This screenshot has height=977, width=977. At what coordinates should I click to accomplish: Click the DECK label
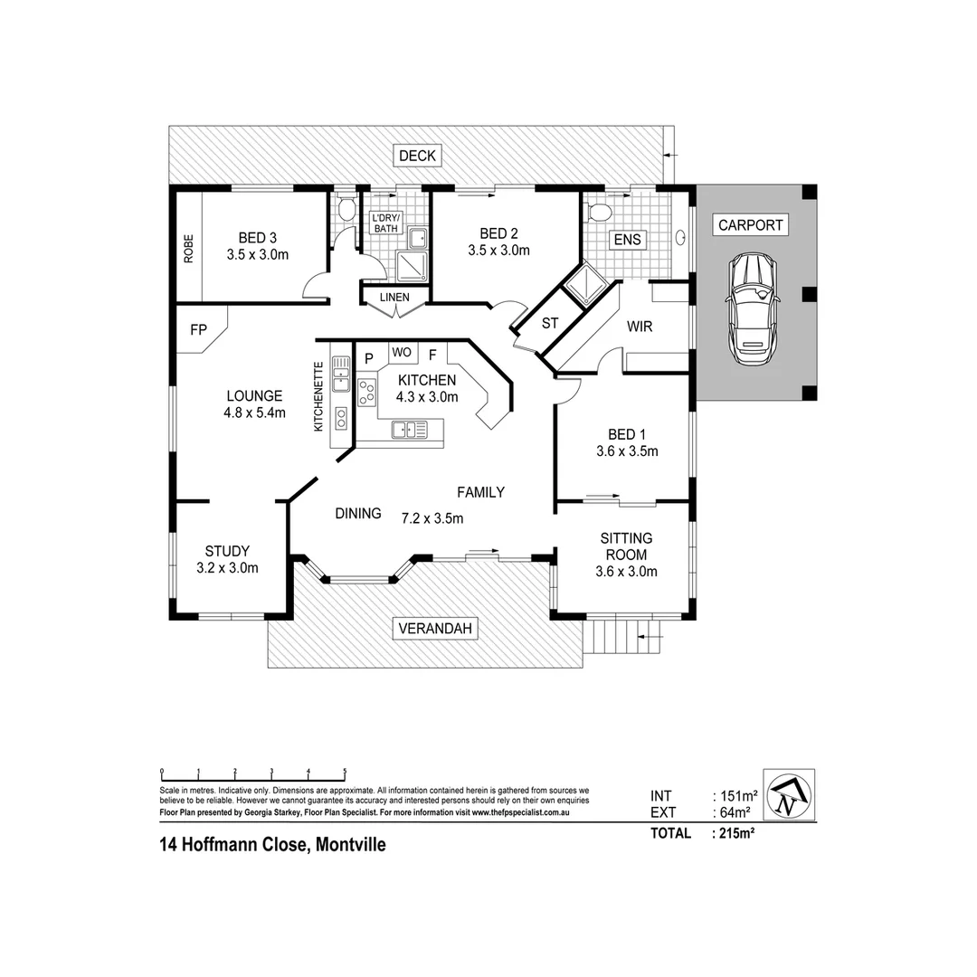(x=417, y=156)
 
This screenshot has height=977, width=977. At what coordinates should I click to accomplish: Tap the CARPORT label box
(x=750, y=225)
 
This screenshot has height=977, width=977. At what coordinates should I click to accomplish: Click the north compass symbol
(x=789, y=795)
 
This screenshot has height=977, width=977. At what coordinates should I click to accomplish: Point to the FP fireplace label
(x=198, y=330)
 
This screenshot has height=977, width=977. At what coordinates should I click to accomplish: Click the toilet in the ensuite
(x=598, y=212)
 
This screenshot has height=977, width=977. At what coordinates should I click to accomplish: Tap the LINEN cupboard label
(x=394, y=297)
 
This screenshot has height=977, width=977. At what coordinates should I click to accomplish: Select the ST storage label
(x=549, y=323)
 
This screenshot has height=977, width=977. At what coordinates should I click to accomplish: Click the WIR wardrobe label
(x=639, y=326)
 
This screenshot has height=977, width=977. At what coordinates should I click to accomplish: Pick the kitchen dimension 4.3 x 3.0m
(x=427, y=396)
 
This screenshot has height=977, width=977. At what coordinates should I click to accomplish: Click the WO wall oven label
(x=402, y=352)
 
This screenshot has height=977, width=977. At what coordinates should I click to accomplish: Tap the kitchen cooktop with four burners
(x=368, y=393)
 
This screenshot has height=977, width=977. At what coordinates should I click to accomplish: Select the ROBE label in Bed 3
(x=188, y=249)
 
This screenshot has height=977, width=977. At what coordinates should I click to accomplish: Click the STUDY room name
(x=227, y=551)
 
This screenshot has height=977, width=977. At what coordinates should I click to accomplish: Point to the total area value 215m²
(x=735, y=833)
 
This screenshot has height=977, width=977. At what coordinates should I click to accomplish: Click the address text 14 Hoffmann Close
(x=272, y=846)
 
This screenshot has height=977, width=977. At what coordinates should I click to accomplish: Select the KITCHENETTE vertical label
(x=318, y=396)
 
